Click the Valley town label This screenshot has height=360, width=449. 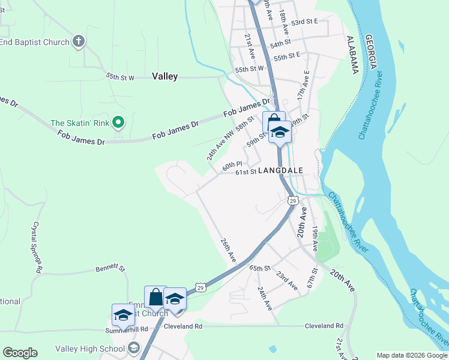(164, 76)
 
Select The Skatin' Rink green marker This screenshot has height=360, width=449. (119, 123)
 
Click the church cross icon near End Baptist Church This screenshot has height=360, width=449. (77, 41)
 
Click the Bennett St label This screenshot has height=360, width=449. (110, 269)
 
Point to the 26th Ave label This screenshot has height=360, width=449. (228, 250)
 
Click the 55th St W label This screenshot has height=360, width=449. (121, 77)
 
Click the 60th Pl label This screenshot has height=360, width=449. (232, 165)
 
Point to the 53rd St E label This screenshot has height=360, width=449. (304, 21)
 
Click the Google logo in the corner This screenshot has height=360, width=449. (20, 353)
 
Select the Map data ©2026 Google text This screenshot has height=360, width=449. (412, 355)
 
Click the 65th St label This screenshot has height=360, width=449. (260, 268)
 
